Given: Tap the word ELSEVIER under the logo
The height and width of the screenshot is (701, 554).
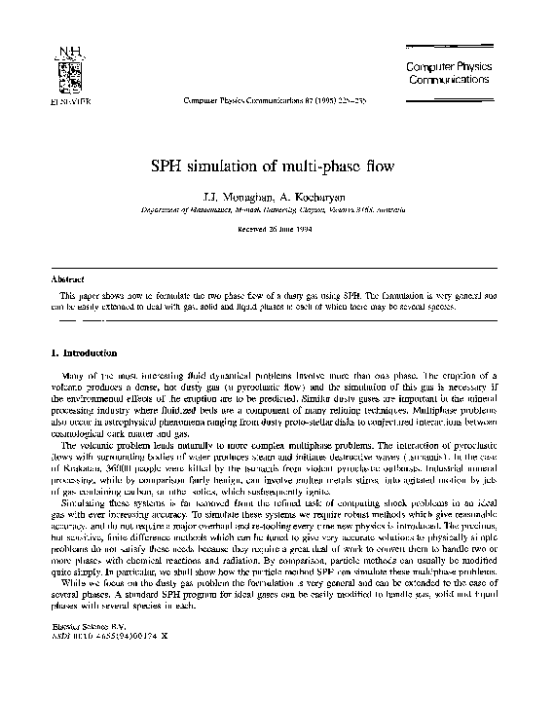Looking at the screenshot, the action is (41, 99).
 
